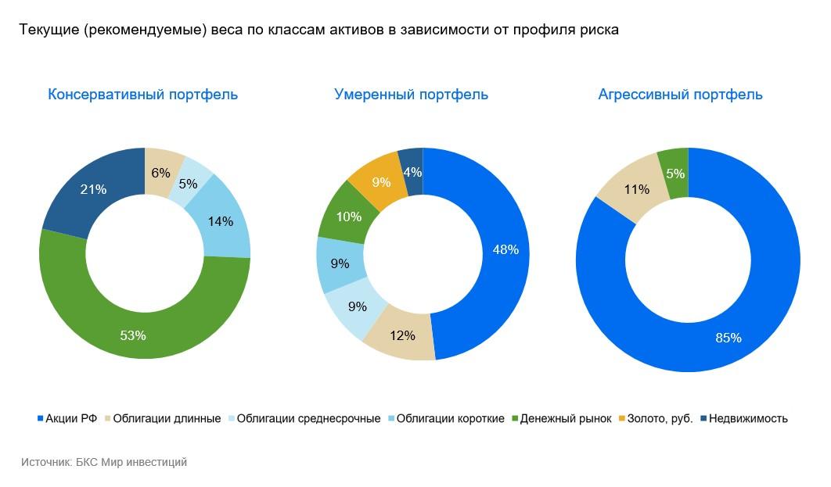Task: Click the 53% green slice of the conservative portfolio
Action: point(133,335)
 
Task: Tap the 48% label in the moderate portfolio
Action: point(505,250)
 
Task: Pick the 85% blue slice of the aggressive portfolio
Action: point(728,338)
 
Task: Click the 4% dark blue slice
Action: point(412,170)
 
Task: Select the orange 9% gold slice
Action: point(381,183)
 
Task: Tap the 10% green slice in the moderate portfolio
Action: point(349,217)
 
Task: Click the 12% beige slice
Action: point(401,335)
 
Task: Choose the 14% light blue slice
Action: point(221,221)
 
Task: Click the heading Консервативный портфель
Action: point(142,95)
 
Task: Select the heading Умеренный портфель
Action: point(411,95)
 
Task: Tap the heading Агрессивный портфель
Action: point(680,95)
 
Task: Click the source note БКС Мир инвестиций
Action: point(104,462)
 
